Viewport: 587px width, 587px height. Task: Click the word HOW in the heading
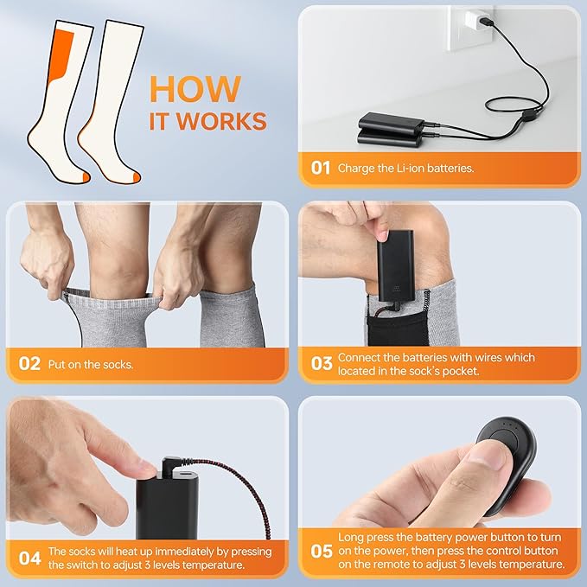(x=195, y=89)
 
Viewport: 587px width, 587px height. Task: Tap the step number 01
(x=321, y=168)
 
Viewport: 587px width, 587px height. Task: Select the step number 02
(x=29, y=364)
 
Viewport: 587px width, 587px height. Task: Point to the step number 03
(x=322, y=363)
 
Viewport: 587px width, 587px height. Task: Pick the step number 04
(x=29, y=558)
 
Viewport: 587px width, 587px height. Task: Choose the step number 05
(x=322, y=551)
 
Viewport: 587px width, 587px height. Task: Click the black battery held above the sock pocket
(x=395, y=266)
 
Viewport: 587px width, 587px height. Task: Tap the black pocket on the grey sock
(x=398, y=327)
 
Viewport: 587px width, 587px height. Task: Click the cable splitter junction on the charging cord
(x=528, y=115)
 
